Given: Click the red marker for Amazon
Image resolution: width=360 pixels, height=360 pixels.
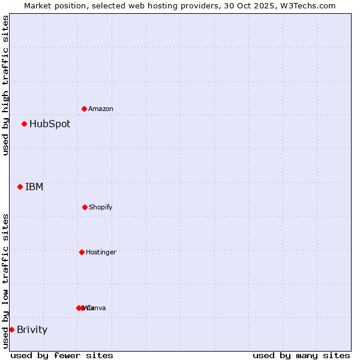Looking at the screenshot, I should click(85, 109).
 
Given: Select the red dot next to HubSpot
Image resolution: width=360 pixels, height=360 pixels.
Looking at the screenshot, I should click(24, 124).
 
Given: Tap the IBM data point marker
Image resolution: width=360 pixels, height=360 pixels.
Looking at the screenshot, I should click(20, 187).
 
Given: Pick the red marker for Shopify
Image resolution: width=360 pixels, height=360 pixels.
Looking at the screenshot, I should click(85, 207).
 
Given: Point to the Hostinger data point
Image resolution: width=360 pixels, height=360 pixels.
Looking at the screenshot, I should click(82, 252).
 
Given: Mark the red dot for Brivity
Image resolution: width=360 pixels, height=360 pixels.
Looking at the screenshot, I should click(11, 329).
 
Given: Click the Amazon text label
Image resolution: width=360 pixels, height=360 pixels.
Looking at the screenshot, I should click(101, 109).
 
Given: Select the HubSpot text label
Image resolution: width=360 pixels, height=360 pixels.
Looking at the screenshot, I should click(50, 124).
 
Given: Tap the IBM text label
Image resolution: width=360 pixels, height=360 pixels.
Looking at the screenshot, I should click(34, 187).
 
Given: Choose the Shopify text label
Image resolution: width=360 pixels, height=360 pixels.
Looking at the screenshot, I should click(101, 207).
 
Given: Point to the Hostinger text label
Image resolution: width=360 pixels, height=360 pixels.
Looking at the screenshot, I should click(101, 252).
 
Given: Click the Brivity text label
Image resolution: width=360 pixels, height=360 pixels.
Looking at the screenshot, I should click(32, 329).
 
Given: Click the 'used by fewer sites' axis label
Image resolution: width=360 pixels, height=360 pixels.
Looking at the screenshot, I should click(62, 355).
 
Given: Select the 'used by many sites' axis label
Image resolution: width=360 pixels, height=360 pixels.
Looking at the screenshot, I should click(301, 355).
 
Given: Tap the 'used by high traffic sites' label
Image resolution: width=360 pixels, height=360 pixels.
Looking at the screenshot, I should click(5, 85).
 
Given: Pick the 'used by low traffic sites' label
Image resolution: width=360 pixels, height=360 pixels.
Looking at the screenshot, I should click(5, 280).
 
